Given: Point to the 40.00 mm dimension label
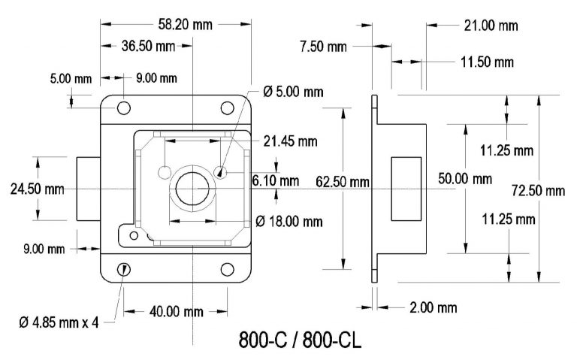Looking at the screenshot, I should click(x=174, y=310).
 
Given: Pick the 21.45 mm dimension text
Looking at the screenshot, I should click(x=289, y=141).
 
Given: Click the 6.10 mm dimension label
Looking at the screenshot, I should click(x=275, y=180).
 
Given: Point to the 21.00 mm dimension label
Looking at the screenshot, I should click(x=489, y=26).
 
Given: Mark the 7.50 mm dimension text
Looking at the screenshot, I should click(x=323, y=47).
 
